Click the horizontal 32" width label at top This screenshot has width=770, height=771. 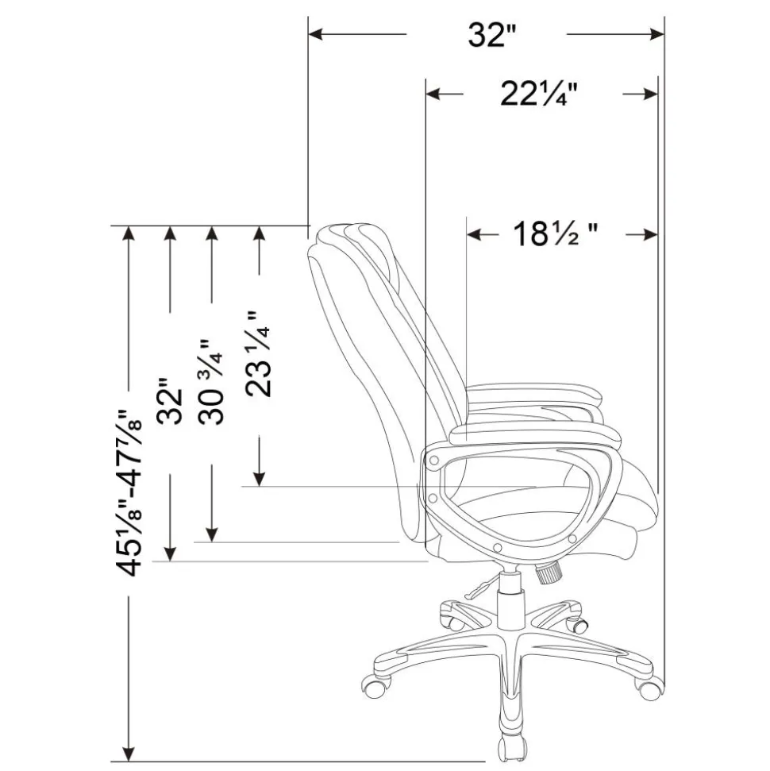493,34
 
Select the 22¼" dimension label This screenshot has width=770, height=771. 539,94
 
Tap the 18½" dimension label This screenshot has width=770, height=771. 556,233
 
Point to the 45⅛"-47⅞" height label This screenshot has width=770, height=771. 129,492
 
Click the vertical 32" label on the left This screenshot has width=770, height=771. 170,401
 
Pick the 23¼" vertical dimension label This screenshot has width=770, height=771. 258,353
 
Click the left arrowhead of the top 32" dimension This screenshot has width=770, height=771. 314,34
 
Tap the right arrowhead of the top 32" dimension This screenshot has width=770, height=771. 657,34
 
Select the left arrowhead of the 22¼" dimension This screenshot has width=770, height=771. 433,94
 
